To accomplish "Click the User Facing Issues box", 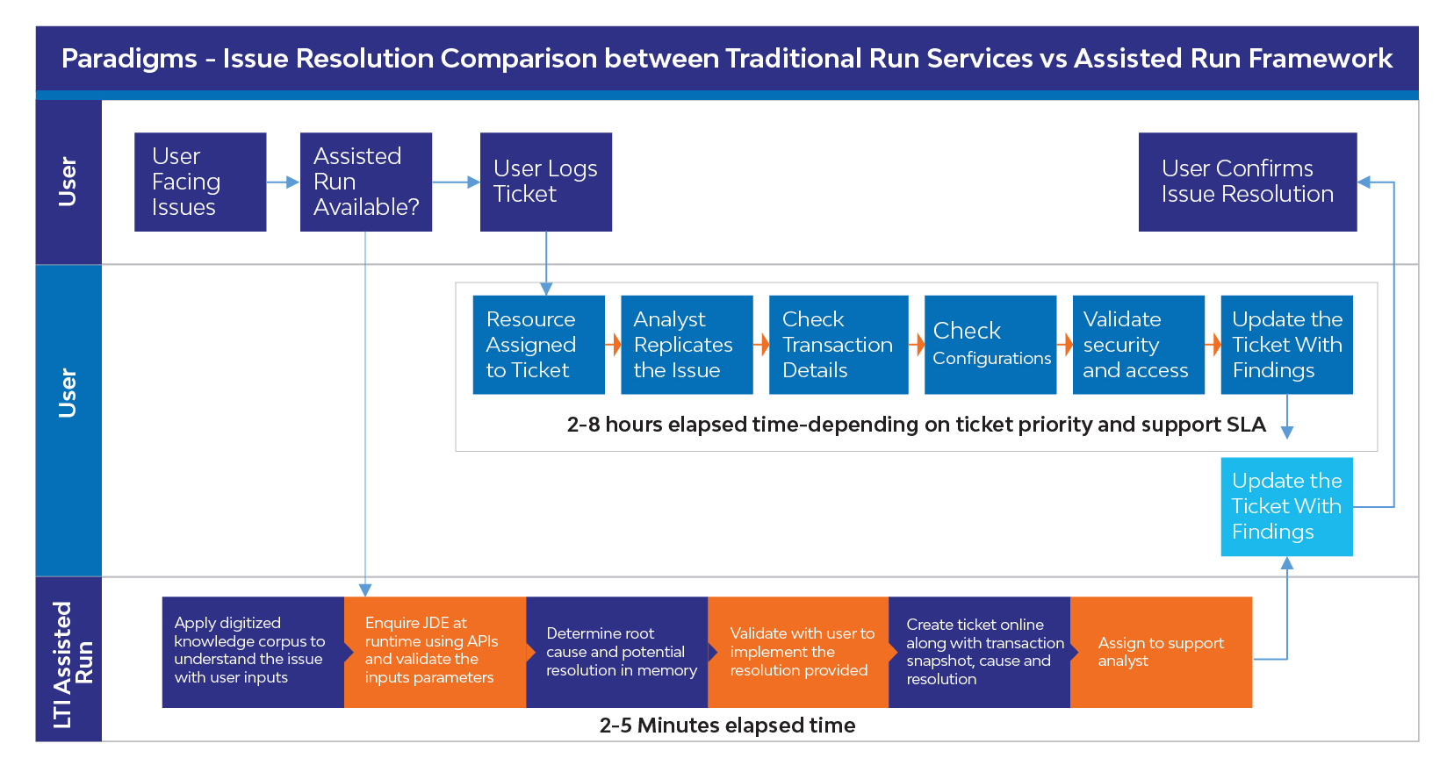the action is (200, 182).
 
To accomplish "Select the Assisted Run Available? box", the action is (366, 182).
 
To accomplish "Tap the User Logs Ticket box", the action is (546, 182).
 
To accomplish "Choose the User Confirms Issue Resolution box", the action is (1248, 182).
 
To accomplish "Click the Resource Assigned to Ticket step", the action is (539, 345).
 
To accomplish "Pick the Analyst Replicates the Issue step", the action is (687, 345).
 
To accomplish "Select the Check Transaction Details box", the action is (839, 345).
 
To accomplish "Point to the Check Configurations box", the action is (990, 345).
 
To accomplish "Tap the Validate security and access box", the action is (1139, 345).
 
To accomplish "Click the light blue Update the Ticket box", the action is (1286, 507).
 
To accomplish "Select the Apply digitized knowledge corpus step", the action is (253, 652).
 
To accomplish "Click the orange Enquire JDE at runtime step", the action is (435, 652).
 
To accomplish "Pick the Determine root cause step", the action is (616, 652).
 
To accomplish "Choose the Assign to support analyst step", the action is (1162, 652).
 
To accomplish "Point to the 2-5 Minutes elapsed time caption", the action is (727, 725).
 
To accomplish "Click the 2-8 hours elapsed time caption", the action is (916, 425).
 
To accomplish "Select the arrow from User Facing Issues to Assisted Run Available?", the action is (283, 182).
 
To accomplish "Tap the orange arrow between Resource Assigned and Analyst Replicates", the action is (614, 345).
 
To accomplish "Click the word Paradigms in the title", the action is (129, 59).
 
